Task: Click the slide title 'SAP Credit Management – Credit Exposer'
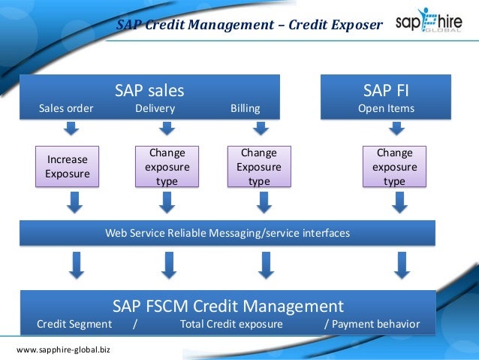pos(249,26)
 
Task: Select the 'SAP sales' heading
pos(149,91)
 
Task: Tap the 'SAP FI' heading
pos(386,91)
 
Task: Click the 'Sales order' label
pos(66,108)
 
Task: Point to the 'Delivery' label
pos(155,108)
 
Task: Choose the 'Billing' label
pos(246,108)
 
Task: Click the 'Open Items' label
pos(386,108)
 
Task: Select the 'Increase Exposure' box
pos(68,167)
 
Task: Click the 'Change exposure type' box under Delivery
pos(167,166)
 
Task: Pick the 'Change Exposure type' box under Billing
pos(259,166)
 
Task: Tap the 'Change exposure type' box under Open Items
pos(394,166)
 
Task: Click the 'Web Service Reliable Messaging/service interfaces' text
pos(227,233)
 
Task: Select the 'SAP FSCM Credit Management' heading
pos(228,306)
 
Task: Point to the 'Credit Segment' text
pos(74,325)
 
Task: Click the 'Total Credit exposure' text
pos(231,325)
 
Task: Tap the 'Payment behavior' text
pos(375,325)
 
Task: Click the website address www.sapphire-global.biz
pos(62,350)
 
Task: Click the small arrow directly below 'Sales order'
pos(70,129)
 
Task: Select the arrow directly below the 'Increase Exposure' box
pos(75,201)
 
